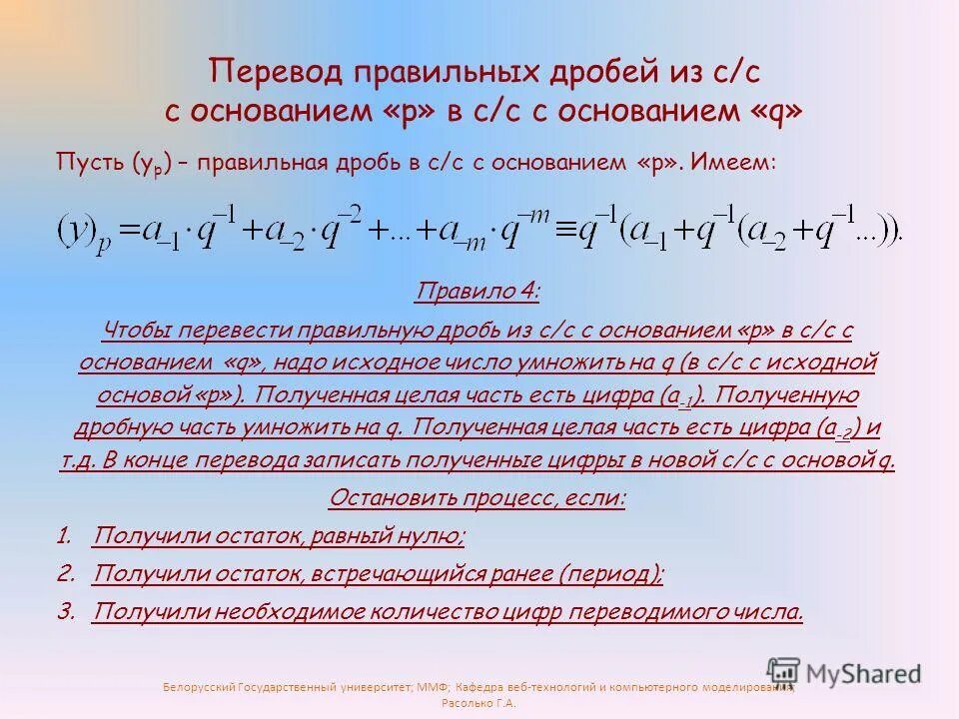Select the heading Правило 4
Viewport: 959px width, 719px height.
coord(478,293)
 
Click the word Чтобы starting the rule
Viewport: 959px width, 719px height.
coord(140,331)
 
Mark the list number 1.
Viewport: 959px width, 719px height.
coord(65,537)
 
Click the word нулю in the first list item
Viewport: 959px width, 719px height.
coord(426,537)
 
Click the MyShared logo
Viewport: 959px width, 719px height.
coord(844,673)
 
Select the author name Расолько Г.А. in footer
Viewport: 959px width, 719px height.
coord(479,703)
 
